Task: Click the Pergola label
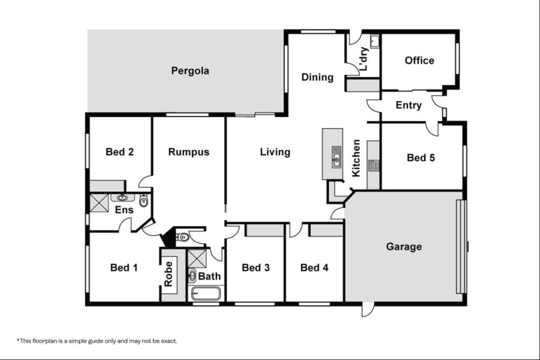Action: [190, 71]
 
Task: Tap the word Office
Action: [419, 60]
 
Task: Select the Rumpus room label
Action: [189, 152]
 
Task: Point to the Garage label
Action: [404, 247]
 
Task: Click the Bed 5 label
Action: [421, 157]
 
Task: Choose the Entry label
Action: [408, 105]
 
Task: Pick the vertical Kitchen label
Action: [356, 158]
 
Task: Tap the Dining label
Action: [317, 77]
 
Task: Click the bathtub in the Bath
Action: [206, 294]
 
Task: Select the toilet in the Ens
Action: [144, 200]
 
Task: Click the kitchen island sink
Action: [336, 157]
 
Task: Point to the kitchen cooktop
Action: [373, 166]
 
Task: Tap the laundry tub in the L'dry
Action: [375, 42]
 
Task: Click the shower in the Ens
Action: [99, 203]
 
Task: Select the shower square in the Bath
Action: [197, 258]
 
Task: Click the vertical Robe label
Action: [168, 274]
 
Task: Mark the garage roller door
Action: [461, 247]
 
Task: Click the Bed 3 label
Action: [256, 268]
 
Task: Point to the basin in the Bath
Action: [192, 276]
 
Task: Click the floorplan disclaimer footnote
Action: [97, 341]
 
